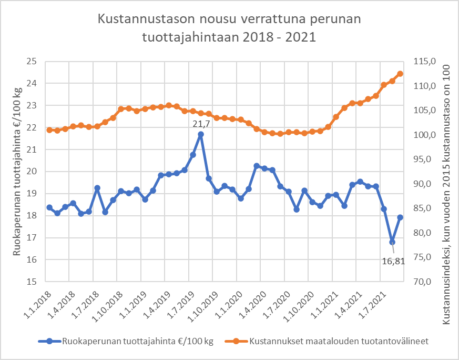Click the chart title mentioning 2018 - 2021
(x=229, y=28)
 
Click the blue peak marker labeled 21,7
(x=200, y=134)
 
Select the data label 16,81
(x=393, y=261)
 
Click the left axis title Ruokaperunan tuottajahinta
(x=17, y=171)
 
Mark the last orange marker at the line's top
(x=400, y=74)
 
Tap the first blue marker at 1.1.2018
(x=49, y=207)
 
